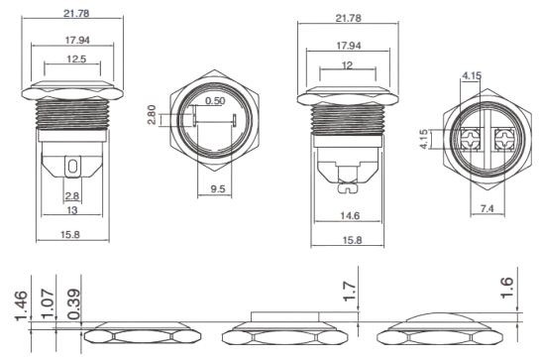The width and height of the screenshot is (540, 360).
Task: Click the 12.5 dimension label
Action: click(76, 59)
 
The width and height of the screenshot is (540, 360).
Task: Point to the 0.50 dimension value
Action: click(215, 101)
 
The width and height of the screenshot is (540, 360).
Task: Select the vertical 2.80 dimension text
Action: click(152, 115)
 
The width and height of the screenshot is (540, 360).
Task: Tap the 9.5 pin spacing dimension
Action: click(218, 188)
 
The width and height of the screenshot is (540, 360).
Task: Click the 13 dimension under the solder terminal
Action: click(72, 210)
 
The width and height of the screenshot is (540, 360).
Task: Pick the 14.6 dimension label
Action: click(350, 215)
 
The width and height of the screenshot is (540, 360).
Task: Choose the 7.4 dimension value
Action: click(486, 208)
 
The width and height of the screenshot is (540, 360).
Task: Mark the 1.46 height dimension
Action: click(21, 305)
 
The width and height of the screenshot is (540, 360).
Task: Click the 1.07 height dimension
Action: click(48, 304)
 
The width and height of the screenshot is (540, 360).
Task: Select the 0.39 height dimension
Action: click(73, 304)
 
